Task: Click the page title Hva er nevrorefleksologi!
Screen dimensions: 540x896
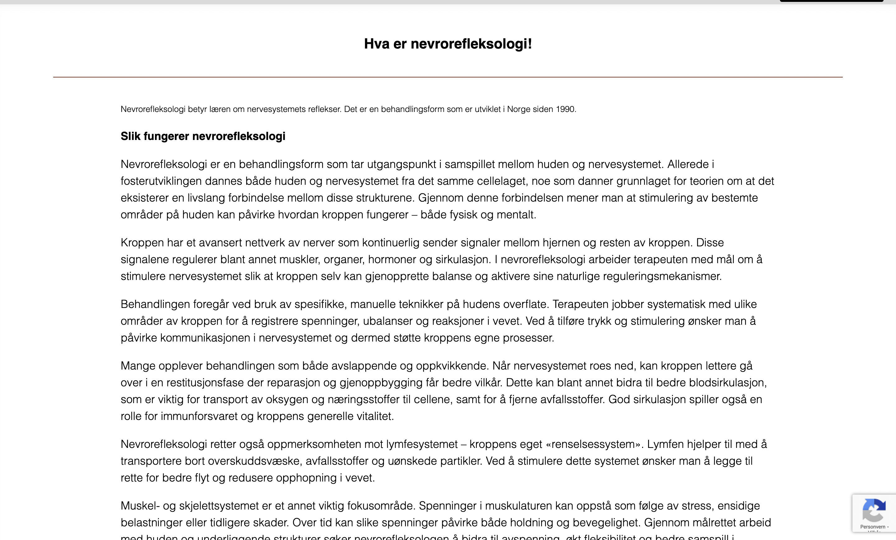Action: (448, 44)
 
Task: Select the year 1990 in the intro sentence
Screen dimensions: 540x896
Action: (566, 109)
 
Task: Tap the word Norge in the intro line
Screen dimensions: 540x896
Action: (519, 109)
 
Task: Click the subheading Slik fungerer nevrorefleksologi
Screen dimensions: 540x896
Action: (203, 136)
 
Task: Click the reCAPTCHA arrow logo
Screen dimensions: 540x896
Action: (874, 510)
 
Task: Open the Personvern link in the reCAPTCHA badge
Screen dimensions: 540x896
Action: (872, 527)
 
